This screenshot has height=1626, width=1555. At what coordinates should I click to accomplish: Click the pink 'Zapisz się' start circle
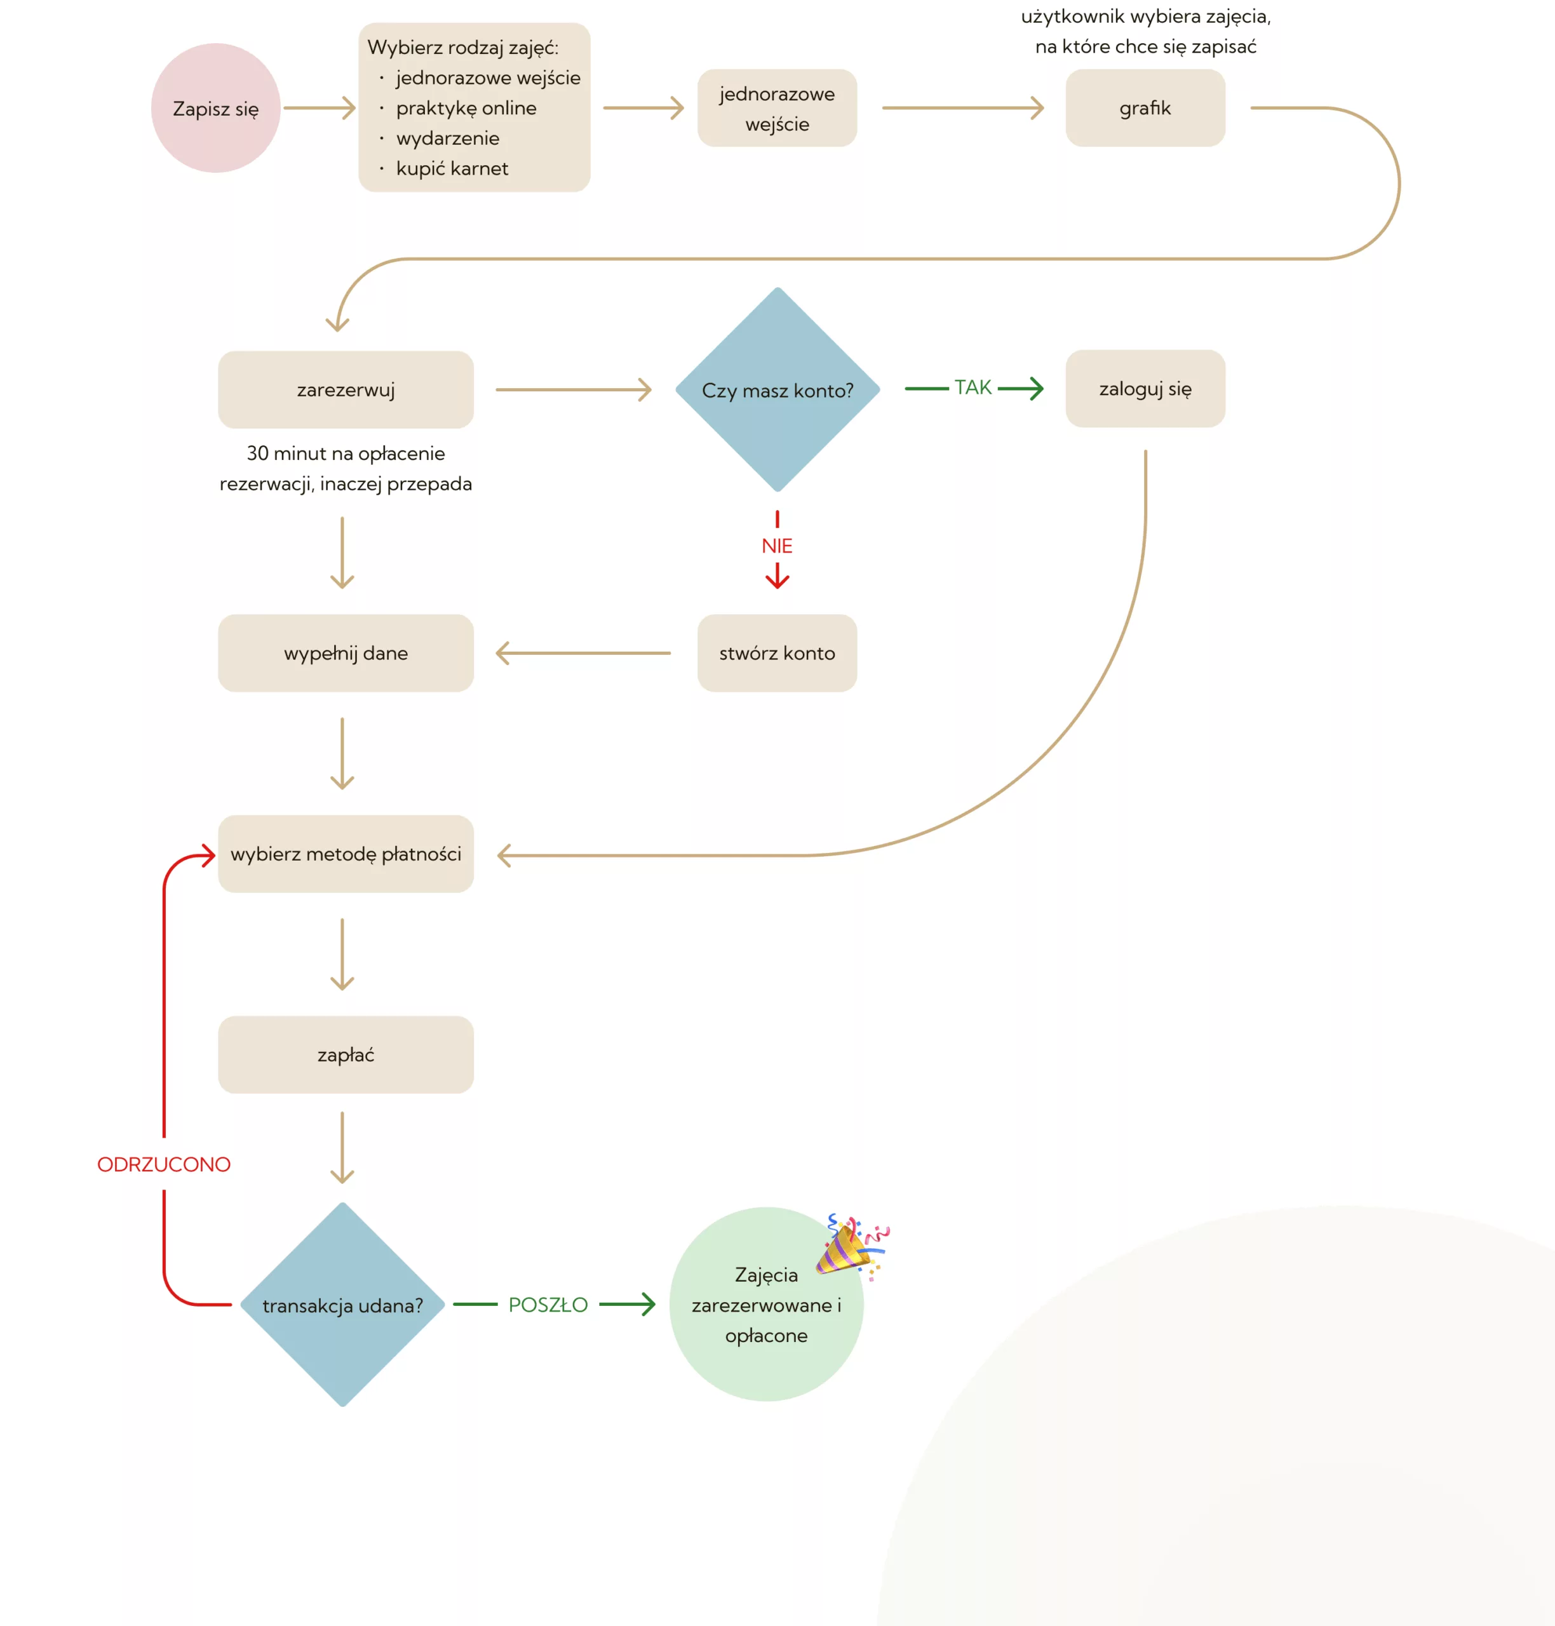pos(215,109)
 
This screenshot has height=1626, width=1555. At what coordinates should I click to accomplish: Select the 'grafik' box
pos(1145,109)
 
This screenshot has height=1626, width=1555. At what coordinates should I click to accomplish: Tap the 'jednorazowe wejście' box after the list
pos(777,109)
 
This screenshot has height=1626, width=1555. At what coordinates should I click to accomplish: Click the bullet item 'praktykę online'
pos(466,109)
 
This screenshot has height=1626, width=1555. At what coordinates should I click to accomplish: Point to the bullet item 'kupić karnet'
pos(452,169)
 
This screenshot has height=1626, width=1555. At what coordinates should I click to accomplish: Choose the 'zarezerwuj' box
pos(346,389)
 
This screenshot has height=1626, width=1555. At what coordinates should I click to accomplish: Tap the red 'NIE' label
pos(777,546)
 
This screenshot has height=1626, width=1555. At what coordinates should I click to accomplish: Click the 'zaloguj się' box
pos(1145,389)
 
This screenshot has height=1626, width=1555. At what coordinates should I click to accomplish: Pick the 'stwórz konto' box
pos(777,653)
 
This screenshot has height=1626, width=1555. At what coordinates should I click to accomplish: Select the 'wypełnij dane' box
pos(346,653)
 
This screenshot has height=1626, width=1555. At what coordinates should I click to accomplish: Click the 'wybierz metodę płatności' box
pos(346,854)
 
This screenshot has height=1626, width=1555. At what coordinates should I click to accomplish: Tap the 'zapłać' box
pos(346,1055)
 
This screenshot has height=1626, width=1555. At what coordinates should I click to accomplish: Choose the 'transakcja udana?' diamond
pos(342,1305)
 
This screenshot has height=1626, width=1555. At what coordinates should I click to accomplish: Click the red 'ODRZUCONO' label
pos(164,1164)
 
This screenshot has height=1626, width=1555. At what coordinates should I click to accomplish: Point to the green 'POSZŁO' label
pos(548,1305)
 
